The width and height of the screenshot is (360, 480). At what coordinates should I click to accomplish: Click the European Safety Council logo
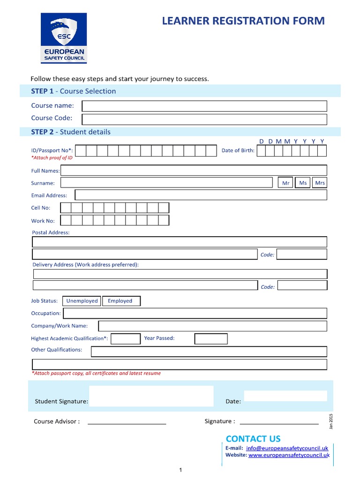(x=63, y=38)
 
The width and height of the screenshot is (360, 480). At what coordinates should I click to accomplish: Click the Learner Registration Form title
(x=243, y=21)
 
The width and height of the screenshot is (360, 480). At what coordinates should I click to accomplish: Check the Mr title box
(x=285, y=183)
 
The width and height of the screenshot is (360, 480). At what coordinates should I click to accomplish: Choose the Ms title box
(x=303, y=183)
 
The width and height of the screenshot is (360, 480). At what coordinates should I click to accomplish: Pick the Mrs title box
(x=320, y=183)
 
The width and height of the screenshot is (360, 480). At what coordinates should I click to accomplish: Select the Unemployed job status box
(x=82, y=301)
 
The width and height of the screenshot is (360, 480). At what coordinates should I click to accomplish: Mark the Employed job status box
(x=120, y=301)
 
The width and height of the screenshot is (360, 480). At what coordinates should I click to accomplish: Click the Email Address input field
(x=201, y=195)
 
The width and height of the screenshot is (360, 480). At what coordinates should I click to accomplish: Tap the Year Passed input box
(x=211, y=338)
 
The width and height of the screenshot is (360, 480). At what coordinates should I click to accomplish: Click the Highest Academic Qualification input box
(x=125, y=338)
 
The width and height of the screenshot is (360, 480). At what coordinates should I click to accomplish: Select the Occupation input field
(x=195, y=313)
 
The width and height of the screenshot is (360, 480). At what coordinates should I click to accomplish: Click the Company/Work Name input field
(x=212, y=326)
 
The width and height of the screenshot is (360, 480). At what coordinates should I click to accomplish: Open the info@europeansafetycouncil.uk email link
(x=287, y=448)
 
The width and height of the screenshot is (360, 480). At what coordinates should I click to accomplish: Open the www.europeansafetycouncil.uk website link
(x=289, y=455)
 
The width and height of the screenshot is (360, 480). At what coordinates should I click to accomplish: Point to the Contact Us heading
(x=253, y=439)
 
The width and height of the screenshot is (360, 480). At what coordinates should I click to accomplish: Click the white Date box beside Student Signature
(x=285, y=396)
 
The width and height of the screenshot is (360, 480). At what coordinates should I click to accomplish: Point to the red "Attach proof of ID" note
(x=52, y=158)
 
